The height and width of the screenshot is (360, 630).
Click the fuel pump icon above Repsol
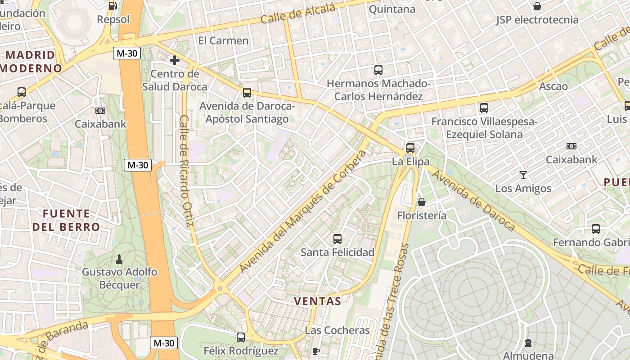[x=113, y=6]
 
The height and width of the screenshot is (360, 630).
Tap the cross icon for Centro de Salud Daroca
[x=175, y=60]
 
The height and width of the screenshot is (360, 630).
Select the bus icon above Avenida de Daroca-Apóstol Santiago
[x=247, y=93]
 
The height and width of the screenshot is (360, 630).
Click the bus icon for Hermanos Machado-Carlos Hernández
[x=378, y=70]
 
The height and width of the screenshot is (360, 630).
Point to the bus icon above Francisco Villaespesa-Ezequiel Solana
[x=484, y=108]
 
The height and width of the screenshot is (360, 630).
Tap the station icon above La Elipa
[x=410, y=148]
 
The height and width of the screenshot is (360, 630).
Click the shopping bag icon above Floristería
[x=422, y=202]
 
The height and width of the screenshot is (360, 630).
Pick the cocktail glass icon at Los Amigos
[x=523, y=175]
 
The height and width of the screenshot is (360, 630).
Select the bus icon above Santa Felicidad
[x=337, y=239]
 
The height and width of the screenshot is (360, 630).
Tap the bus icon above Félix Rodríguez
[x=241, y=337]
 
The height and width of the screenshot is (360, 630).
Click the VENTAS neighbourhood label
[x=317, y=301]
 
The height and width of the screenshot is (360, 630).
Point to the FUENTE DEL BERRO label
[x=66, y=220]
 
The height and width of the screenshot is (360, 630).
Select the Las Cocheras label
[x=337, y=330]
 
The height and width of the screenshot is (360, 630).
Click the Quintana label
[x=392, y=9]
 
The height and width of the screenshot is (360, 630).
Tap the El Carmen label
[x=223, y=40]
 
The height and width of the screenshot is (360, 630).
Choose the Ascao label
[x=553, y=86]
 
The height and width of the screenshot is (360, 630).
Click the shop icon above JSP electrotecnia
[x=537, y=6]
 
